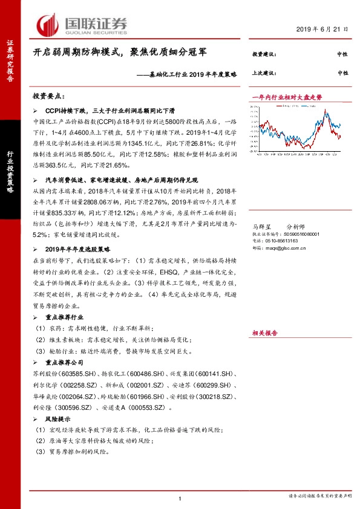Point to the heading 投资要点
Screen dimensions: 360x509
[49, 97]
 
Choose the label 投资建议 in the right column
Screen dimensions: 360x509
[264, 54]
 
